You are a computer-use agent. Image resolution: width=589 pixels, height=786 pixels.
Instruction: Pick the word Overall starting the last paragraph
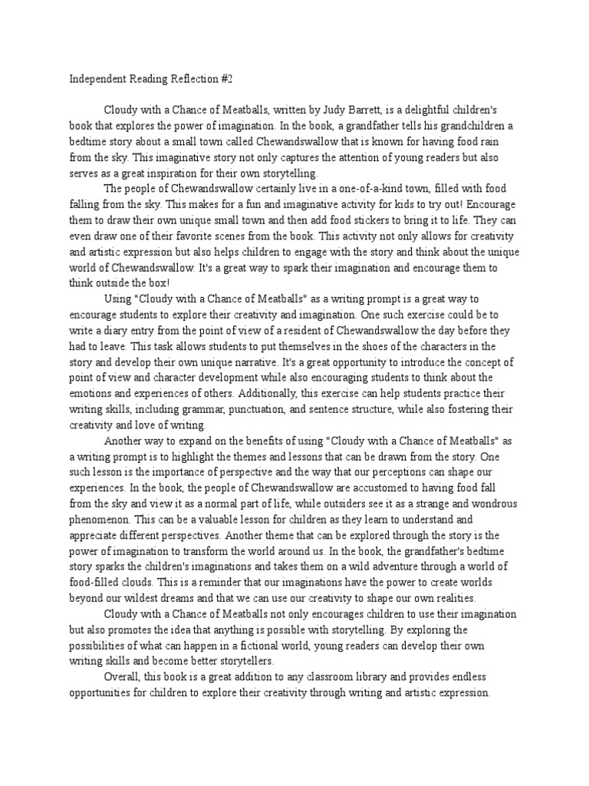[126, 677]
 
